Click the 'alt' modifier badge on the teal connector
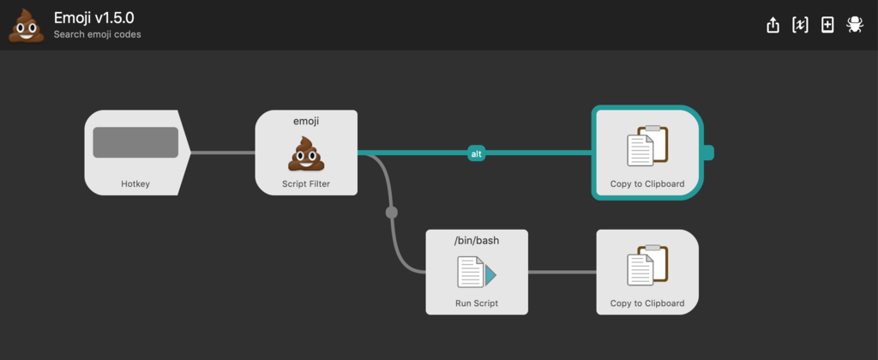click(x=477, y=153)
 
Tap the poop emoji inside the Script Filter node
click(x=306, y=153)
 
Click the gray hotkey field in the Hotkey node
click(x=135, y=142)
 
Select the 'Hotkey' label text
click(x=135, y=183)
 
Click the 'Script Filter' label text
click(x=306, y=183)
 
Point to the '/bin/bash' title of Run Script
click(x=477, y=242)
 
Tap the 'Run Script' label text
click(x=477, y=303)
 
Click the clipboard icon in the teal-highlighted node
click(x=647, y=146)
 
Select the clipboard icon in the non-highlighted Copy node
click(x=647, y=266)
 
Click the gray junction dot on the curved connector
click(x=391, y=213)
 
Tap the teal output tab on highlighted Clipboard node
click(x=708, y=153)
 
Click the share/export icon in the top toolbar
click(x=773, y=25)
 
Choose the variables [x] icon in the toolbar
click(x=800, y=25)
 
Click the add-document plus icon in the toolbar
click(x=827, y=25)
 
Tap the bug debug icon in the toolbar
click(x=855, y=25)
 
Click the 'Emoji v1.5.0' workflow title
click(x=94, y=17)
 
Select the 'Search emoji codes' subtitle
click(x=98, y=34)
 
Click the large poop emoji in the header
click(x=27, y=25)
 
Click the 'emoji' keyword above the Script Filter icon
click(x=306, y=122)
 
